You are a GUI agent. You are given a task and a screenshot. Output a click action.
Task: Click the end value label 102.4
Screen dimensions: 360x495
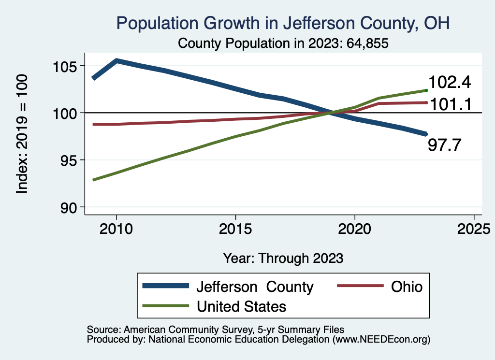pos(449,82)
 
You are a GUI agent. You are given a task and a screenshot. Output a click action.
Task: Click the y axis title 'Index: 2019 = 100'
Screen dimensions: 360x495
pos(22,134)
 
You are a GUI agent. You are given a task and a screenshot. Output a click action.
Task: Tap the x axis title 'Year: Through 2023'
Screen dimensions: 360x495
pos(283,258)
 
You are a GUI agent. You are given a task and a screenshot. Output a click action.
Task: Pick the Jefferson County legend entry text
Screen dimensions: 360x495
pos(255,287)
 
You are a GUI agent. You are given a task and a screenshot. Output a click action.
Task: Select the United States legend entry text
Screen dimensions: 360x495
pos(241,306)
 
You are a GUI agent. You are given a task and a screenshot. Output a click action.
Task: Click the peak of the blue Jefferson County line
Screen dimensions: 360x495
pos(116,61)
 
